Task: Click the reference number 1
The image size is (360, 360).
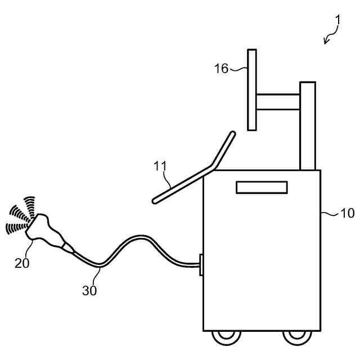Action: (337, 20)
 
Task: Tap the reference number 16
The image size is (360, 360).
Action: (222, 69)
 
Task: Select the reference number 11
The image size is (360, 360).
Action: (160, 166)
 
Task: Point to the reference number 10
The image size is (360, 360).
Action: (348, 213)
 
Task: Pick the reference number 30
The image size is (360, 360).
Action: (89, 290)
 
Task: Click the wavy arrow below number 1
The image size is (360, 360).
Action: (330, 36)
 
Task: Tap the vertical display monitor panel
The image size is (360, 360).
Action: (252, 89)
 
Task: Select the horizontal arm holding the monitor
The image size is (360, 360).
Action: (278, 102)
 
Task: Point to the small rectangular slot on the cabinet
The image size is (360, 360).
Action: (262, 187)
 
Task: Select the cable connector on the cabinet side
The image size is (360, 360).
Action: (201, 264)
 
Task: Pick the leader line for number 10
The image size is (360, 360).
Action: (330, 213)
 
